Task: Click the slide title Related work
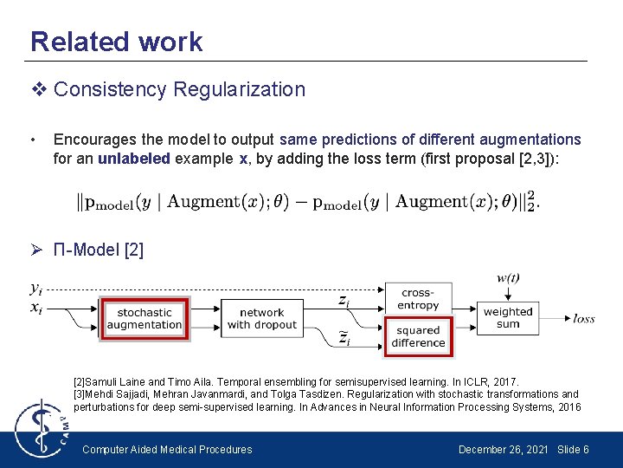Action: (x=116, y=42)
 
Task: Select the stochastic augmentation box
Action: (x=145, y=318)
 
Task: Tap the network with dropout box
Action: (x=261, y=318)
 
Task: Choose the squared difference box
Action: (x=417, y=336)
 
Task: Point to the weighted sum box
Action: (x=508, y=317)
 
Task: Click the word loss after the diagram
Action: (x=583, y=319)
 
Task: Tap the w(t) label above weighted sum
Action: (x=508, y=278)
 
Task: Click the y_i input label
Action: (x=36, y=289)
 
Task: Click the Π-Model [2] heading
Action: (x=98, y=250)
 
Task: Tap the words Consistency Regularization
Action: (x=179, y=89)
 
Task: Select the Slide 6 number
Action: (x=573, y=449)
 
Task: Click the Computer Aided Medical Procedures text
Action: (x=167, y=449)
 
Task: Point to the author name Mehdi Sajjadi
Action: (x=118, y=394)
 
